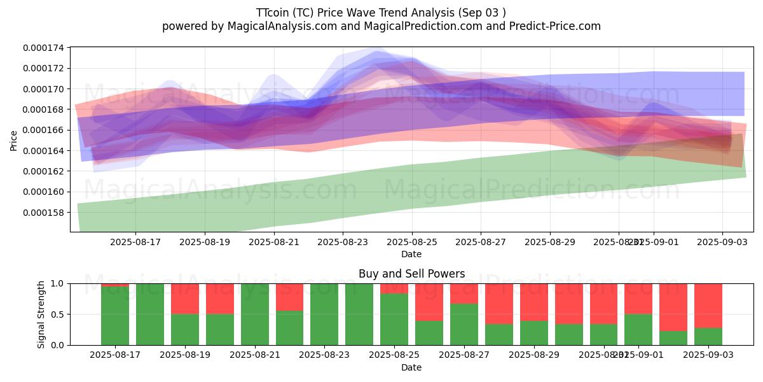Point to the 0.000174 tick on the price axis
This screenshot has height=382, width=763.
(46, 48)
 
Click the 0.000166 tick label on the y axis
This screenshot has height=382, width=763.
(46, 130)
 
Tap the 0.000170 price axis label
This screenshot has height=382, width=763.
(46, 89)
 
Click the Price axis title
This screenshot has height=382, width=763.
(14, 141)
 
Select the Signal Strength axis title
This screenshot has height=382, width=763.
(41, 314)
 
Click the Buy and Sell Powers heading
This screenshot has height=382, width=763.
(411, 274)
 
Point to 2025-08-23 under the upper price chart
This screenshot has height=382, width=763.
(343, 242)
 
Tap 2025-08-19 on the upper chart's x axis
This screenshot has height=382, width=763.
(204, 242)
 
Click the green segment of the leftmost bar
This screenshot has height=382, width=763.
(115, 316)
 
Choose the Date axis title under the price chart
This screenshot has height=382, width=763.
(411, 254)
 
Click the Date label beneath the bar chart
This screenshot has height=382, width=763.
(411, 367)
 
